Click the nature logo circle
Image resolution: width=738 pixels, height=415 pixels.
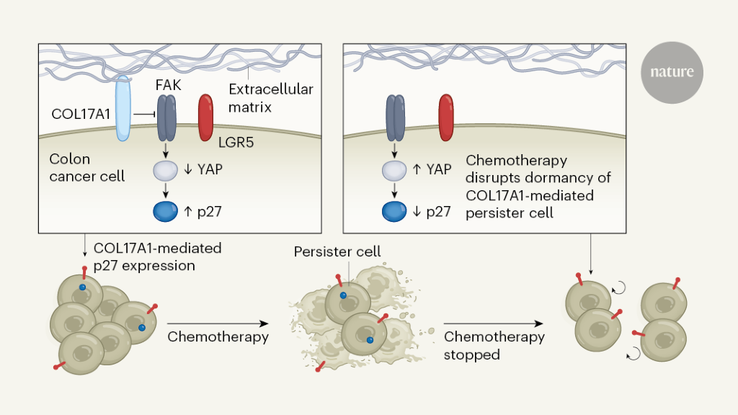click(x=672, y=72)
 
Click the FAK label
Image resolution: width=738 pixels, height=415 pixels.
click(x=168, y=84)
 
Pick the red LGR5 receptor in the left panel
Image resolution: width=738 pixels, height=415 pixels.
click(x=205, y=115)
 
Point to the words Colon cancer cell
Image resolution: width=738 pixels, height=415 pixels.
click(x=86, y=166)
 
